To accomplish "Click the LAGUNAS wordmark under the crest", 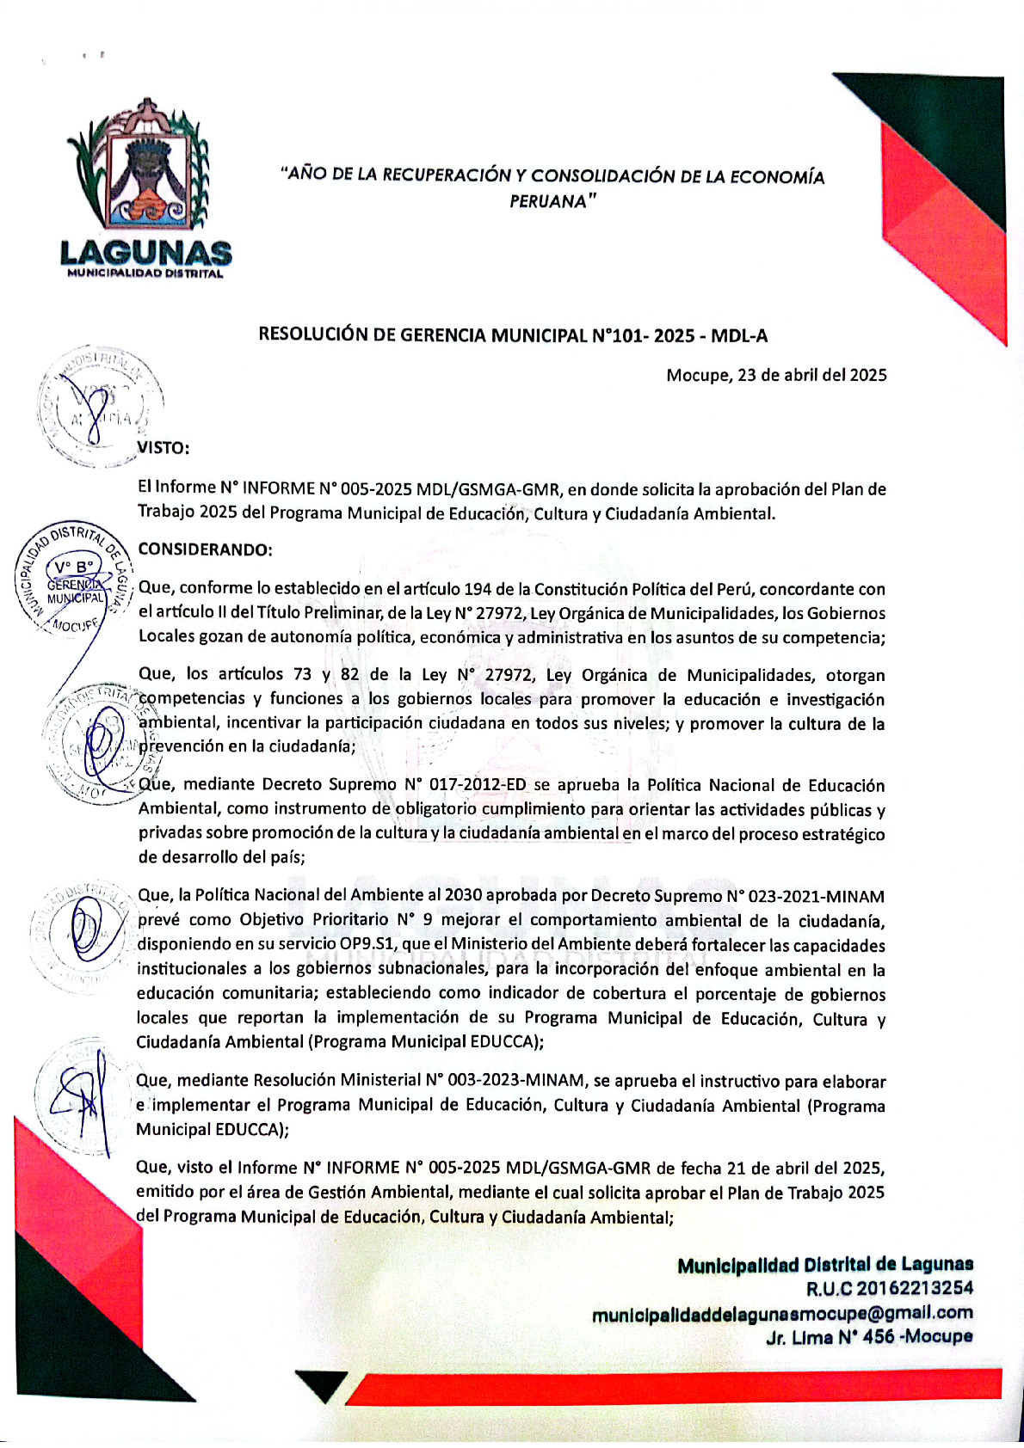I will click(x=145, y=252).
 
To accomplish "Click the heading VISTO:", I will click(x=163, y=448).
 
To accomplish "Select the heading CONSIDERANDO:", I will click(x=205, y=549).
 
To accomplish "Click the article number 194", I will click(x=478, y=589).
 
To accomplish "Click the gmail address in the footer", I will click(x=782, y=1313).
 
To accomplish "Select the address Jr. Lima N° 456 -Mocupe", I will click(x=869, y=1337).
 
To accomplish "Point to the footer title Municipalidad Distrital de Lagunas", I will click(x=824, y=1264).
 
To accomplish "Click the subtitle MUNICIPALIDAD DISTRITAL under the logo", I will click(x=145, y=274).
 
